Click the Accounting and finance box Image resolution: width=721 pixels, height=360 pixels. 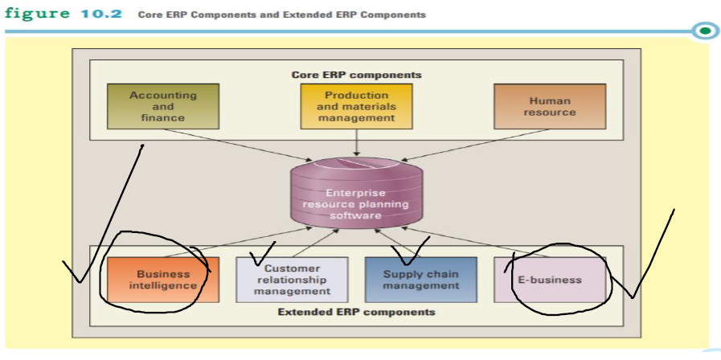point(162,106)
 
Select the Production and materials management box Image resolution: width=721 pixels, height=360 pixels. point(356,106)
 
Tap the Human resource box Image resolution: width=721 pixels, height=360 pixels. point(550,106)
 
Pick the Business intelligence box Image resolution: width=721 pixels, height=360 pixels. point(162,280)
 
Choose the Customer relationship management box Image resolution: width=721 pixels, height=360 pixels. point(292,280)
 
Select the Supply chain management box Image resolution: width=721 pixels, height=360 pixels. point(420,280)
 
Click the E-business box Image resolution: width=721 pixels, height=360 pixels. point(550,280)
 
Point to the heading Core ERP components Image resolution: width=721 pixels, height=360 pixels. point(356,75)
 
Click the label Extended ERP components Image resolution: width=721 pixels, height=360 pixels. point(356,312)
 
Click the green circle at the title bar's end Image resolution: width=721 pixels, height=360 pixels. point(705,31)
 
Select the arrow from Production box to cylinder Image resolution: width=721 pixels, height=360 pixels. point(356,141)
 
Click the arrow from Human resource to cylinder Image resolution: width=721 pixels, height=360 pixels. point(474,145)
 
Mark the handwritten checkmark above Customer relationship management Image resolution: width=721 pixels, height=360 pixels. point(262,256)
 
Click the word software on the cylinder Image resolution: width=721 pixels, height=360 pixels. point(355,215)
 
